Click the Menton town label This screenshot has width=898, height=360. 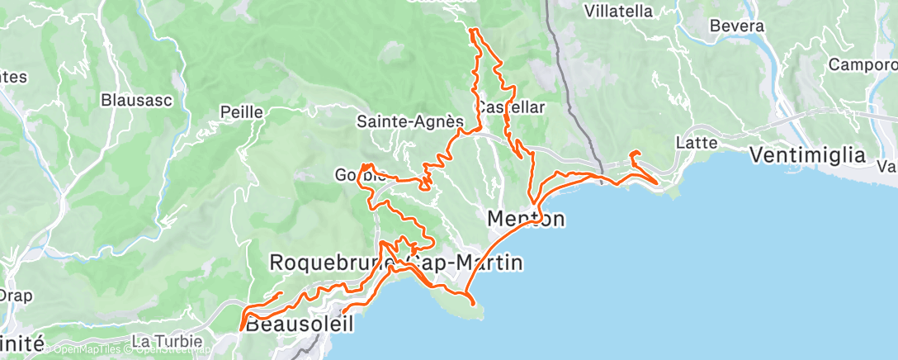point(526,219)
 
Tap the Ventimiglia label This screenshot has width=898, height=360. point(807,154)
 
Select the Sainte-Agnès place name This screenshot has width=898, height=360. point(409,121)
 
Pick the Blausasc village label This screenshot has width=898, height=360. point(135,100)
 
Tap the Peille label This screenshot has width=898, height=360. point(241,112)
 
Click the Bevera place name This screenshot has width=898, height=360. point(737,26)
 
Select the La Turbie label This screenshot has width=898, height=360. point(162,341)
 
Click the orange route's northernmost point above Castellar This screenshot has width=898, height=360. point(471,30)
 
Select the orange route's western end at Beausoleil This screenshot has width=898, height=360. point(242,329)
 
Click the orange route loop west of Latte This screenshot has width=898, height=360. point(635,154)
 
